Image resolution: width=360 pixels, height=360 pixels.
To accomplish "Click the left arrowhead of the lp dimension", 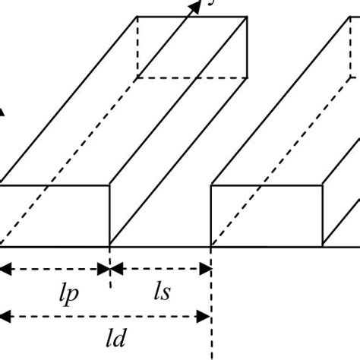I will coord(4,268).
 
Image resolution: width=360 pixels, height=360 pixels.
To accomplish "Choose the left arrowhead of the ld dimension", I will coord(4,316).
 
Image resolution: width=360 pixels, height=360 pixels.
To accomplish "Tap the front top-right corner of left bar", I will coord(111,184).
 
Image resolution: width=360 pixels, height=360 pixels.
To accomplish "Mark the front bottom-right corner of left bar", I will coord(111,246).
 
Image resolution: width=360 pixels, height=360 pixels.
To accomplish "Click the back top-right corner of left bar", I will coord(248,17).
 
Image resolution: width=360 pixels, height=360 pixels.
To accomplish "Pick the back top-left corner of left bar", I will coord(137,17).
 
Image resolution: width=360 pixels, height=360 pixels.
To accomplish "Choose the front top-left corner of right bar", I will coord(210,184).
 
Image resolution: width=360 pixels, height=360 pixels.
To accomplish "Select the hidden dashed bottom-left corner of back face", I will coord(137,77).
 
